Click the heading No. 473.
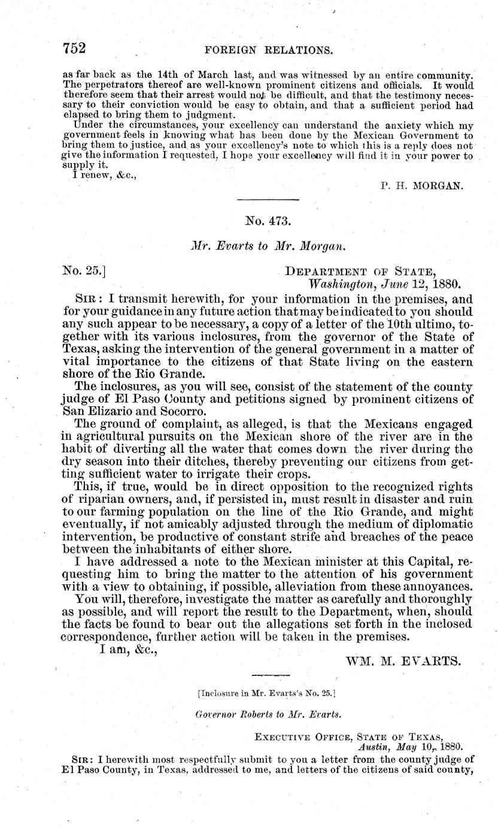pyautogui.click(x=268, y=221)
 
